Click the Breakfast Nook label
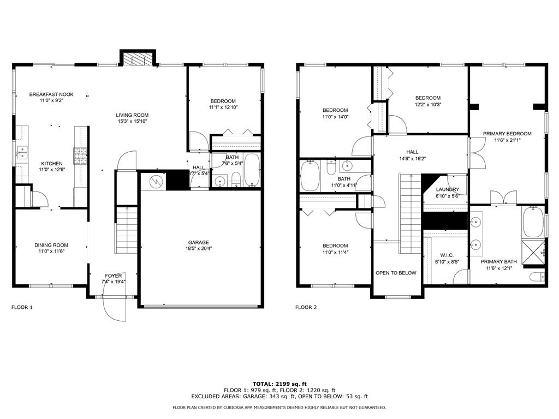(51, 94)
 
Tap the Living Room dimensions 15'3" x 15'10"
(132, 121)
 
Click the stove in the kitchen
(81, 155)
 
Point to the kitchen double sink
(22, 153)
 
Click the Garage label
(199, 243)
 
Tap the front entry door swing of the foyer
(114, 309)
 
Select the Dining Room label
(51, 245)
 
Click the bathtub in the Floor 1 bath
(252, 170)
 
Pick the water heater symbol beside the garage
(156, 182)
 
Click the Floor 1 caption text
(22, 307)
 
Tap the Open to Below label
(396, 273)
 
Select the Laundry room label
(448, 189)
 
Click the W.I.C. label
(447, 255)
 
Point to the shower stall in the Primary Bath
(534, 252)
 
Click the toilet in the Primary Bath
(538, 277)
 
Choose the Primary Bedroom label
(507, 134)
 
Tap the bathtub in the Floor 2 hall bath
(310, 176)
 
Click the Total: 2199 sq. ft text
(279, 384)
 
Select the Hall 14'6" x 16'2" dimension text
(413, 159)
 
